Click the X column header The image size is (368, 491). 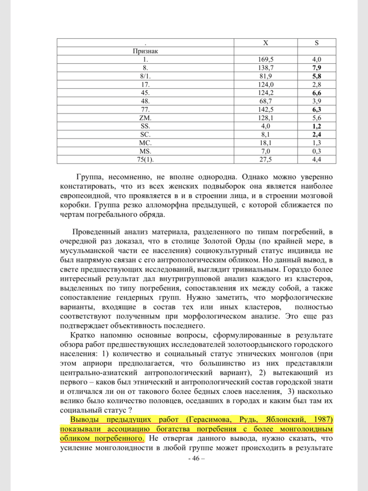pyautogui.click(x=265, y=43)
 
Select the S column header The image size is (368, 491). pyautogui.click(x=316, y=43)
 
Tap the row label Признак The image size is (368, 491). pyautogui.click(x=146, y=51)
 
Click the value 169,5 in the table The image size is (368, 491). pyautogui.click(x=265, y=59)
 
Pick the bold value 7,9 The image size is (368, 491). pyautogui.click(x=316, y=67)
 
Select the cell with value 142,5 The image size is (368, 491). pyautogui.click(x=265, y=109)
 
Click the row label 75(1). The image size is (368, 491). pyautogui.click(x=146, y=159)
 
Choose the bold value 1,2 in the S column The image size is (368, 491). pyautogui.click(x=316, y=125)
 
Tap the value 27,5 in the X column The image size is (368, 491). pyautogui.click(x=265, y=159)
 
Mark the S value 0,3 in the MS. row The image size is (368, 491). pyautogui.click(x=316, y=151)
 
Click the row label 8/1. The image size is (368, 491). pyautogui.click(x=146, y=76)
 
